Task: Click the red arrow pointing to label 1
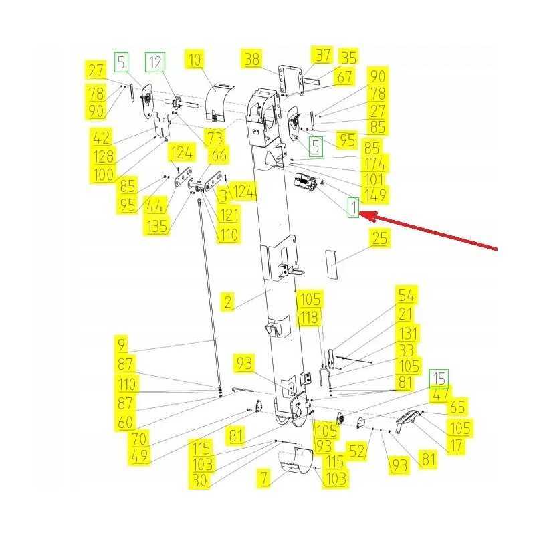[x=428, y=230]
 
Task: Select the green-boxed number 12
[x=155, y=62]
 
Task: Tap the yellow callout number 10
[x=195, y=60]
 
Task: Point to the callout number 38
[x=252, y=58]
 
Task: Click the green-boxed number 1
[x=354, y=207]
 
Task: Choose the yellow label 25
[x=380, y=238]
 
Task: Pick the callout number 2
[x=228, y=302]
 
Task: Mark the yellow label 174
[x=374, y=164]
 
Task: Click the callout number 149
[x=374, y=195]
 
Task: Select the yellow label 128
[x=104, y=156]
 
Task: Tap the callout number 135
[x=156, y=226]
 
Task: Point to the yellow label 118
[x=309, y=317]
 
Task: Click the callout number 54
[x=407, y=295]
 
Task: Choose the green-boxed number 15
[x=439, y=379]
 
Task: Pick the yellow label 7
[x=264, y=477]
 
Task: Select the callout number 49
[x=140, y=456]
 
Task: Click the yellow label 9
[x=122, y=344]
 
